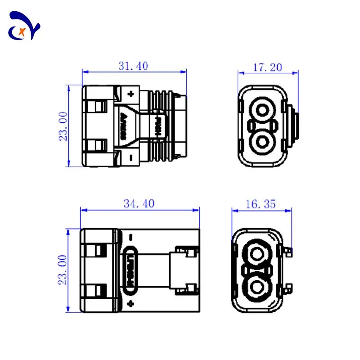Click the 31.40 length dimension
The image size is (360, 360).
133,66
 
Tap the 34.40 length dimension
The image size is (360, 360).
139,203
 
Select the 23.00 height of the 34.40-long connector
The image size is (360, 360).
63,269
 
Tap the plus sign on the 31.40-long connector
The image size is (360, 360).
131,94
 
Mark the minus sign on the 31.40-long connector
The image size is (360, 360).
130,157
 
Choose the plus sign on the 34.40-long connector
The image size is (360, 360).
130,303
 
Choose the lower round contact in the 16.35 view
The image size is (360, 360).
257,287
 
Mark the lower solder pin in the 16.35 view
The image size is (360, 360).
288,287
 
